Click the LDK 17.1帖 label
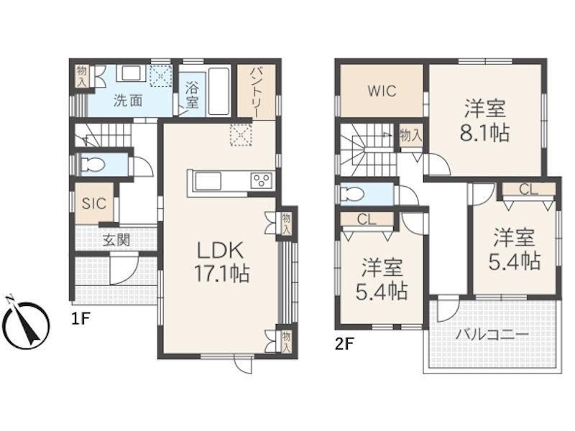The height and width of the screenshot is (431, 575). click(222, 261)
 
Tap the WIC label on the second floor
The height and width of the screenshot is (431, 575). click(382, 91)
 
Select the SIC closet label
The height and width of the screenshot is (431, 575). click(94, 204)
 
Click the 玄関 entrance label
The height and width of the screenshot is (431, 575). click(116, 241)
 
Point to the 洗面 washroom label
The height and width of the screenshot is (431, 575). click(128, 100)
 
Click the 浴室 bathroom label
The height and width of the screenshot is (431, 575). click(192, 96)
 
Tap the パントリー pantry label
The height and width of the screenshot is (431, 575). click(256, 92)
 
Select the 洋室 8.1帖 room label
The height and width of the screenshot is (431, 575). click(484, 121)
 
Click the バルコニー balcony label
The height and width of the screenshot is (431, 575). click(492, 334)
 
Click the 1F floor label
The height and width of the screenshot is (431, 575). click(80, 319)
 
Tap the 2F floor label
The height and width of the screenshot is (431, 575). click(344, 344)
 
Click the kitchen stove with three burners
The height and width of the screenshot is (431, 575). click(262, 181)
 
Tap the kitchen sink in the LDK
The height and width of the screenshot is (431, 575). click(208, 182)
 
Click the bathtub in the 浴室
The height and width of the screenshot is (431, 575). click(218, 92)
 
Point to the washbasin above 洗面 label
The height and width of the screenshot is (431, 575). click(132, 74)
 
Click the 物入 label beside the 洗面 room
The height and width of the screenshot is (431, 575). click(81, 77)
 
